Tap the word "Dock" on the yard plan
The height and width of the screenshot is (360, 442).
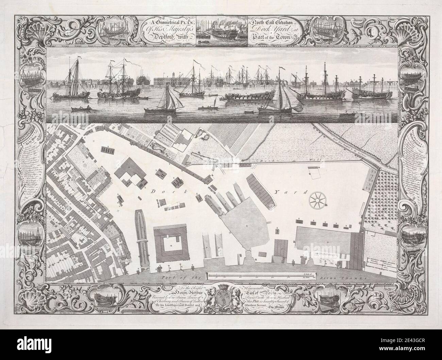click(157, 192)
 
